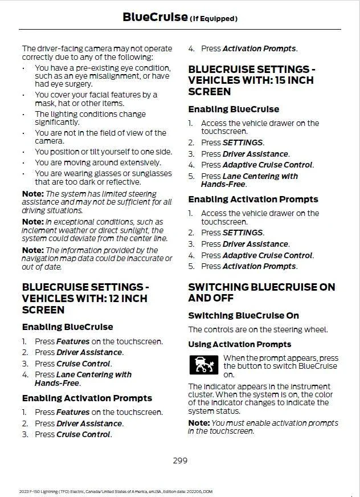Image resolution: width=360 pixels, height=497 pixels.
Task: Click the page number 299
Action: (x=180, y=461)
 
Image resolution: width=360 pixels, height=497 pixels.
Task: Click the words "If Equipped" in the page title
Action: (x=213, y=19)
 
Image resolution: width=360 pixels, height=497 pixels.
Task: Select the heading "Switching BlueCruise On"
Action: (x=243, y=315)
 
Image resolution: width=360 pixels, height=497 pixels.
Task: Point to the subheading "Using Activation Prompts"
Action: (x=239, y=344)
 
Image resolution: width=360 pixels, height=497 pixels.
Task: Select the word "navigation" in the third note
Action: (x=42, y=258)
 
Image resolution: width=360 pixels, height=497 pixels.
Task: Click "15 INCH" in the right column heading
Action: (x=285, y=80)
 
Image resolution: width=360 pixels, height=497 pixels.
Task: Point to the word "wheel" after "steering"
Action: (x=316, y=329)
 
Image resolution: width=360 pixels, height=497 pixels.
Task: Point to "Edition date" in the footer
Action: (x=170, y=491)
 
